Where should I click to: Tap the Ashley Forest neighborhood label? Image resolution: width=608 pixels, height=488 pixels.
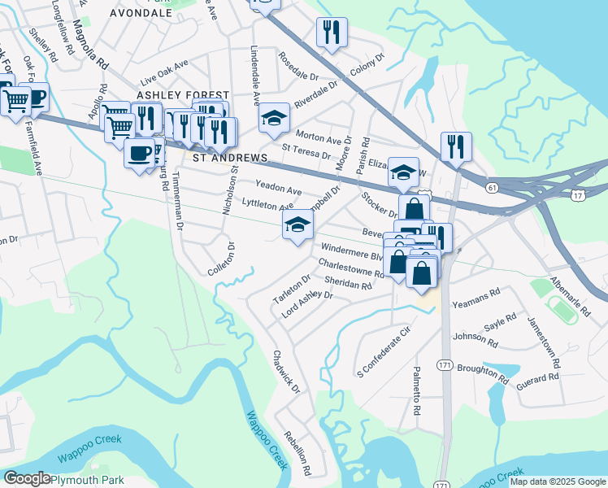183,95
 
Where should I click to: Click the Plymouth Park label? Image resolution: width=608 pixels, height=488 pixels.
90,480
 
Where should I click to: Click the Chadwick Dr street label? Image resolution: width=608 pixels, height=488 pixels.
287,372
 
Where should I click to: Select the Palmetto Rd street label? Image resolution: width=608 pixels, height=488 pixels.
416,391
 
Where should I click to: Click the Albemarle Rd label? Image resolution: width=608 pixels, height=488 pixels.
570,289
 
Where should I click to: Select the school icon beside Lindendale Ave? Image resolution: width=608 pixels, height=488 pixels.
275,118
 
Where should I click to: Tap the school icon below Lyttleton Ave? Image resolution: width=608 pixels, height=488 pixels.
297,224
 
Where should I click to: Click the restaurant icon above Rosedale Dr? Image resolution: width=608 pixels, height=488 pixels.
332,33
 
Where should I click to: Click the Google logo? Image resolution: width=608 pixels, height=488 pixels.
27,479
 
